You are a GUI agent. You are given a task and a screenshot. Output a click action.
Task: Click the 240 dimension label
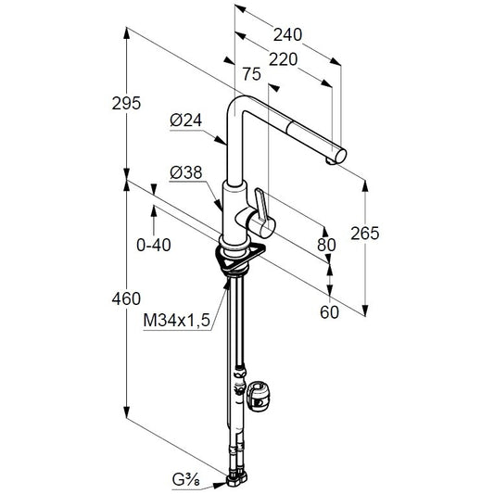(287, 34)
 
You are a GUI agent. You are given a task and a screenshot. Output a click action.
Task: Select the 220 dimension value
(283, 59)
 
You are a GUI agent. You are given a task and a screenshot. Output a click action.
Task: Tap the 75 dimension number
(252, 74)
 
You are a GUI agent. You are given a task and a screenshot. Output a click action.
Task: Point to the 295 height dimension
(126, 103)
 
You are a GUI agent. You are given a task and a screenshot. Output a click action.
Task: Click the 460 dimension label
(126, 298)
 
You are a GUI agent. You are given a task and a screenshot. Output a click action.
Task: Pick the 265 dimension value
(365, 234)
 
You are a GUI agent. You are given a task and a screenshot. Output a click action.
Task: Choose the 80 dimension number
(326, 245)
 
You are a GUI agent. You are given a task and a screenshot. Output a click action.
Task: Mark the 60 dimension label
(330, 312)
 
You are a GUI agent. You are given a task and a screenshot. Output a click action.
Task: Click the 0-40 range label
(154, 245)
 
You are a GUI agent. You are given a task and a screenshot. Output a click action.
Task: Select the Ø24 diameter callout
(186, 120)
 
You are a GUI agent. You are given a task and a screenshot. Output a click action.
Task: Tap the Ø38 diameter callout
(186, 173)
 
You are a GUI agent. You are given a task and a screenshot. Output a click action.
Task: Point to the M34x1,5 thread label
(177, 321)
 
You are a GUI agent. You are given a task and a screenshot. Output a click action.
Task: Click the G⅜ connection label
(186, 480)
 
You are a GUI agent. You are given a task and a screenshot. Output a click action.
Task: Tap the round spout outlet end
(340, 156)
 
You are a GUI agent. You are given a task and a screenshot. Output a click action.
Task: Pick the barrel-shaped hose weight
(259, 396)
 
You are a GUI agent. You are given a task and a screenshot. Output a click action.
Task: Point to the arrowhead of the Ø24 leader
(222, 141)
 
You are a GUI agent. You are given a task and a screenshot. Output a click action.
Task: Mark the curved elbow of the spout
(237, 103)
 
